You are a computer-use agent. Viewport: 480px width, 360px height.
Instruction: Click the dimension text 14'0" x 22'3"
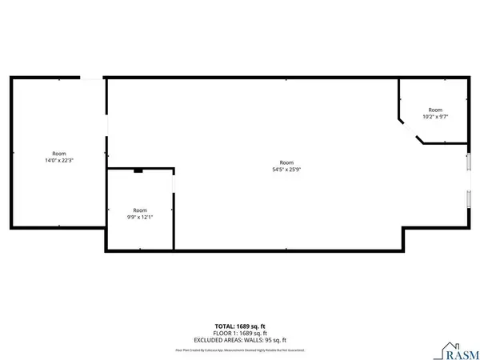[59, 161]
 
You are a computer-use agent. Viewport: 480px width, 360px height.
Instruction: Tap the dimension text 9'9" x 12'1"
[139, 217]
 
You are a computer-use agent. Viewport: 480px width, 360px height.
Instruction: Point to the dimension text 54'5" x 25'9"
[286, 169]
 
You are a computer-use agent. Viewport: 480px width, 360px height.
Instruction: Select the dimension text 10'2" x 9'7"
[434, 117]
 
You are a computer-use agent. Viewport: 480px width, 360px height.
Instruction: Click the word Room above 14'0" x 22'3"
[59, 154]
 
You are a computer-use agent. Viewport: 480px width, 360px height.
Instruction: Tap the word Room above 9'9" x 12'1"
[139, 210]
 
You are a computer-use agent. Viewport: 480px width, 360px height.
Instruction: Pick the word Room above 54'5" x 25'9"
[286, 162]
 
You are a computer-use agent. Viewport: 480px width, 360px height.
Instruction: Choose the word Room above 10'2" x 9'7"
[434, 110]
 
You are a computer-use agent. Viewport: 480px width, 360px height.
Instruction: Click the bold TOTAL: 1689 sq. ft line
[239, 326]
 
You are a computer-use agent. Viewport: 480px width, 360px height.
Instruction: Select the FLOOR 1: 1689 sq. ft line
[239, 333]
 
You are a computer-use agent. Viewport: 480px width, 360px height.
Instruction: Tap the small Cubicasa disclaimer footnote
[239, 350]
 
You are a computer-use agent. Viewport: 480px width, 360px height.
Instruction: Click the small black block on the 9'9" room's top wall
[138, 170]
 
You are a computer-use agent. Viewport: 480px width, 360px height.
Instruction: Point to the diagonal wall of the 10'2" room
[410, 130]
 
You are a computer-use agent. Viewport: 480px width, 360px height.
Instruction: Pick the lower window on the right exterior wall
[470, 201]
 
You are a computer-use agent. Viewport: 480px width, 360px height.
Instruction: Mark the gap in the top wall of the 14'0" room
[92, 78]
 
